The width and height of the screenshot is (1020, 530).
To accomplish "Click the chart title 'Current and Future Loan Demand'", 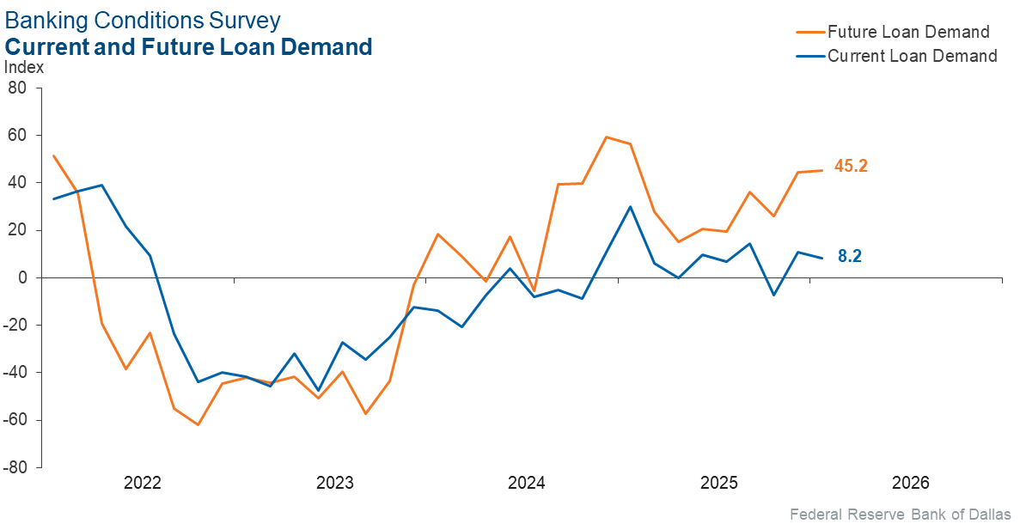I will point(189,46).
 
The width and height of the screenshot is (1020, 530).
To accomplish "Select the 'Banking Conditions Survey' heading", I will point(143,20).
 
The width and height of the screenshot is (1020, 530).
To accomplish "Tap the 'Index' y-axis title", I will point(24,68).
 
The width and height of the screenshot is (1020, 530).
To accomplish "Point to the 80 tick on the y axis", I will point(17,88).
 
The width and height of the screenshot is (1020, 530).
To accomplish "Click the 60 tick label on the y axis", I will point(17,135).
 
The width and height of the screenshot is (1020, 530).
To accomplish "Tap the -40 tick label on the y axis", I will point(15,372).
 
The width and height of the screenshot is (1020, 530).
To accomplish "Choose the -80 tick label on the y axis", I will point(15,467).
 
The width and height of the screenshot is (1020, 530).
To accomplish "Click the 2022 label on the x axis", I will point(143,483).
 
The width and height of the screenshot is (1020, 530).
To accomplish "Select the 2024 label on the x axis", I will point(527,483).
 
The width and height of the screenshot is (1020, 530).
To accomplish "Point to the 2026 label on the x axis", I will point(911,483).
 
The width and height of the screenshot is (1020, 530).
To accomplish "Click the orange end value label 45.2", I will point(851,167).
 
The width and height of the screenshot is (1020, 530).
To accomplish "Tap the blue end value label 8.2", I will point(850,256).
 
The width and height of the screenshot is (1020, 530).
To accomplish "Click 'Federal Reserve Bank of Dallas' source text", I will point(900,515).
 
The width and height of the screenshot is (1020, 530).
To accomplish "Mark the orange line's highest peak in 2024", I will point(607,137).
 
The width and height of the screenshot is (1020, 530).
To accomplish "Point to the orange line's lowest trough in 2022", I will point(198,424).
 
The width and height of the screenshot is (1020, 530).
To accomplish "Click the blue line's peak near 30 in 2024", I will point(631,206).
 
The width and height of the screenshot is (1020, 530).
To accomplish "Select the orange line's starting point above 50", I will point(53,155).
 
